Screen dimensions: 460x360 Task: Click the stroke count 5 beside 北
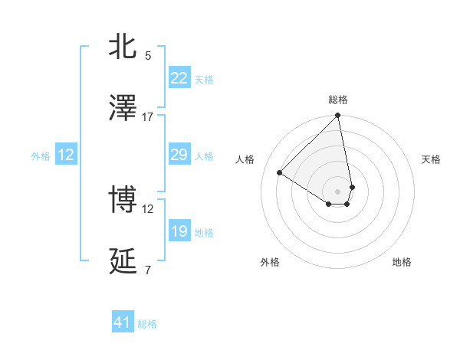point(148,55)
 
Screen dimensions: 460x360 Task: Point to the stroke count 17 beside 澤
point(147,116)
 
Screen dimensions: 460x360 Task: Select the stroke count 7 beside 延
point(148,270)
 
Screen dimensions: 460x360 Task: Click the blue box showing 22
point(179,78)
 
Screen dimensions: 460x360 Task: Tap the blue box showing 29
point(179,155)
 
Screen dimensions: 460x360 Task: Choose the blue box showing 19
point(179,231)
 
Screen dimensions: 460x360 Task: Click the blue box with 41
point(123,322)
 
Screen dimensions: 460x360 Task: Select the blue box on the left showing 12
point(65,155)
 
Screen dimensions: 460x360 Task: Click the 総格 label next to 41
point(147,324)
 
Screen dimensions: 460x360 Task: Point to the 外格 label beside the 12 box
point(41,156)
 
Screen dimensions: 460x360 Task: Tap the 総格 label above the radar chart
point(337,100)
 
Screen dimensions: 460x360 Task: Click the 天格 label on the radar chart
point(431,159)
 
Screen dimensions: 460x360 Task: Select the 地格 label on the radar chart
point(402,262)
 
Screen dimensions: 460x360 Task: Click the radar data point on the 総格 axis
point(337,116)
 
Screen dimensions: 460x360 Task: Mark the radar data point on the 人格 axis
point(280,173)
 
